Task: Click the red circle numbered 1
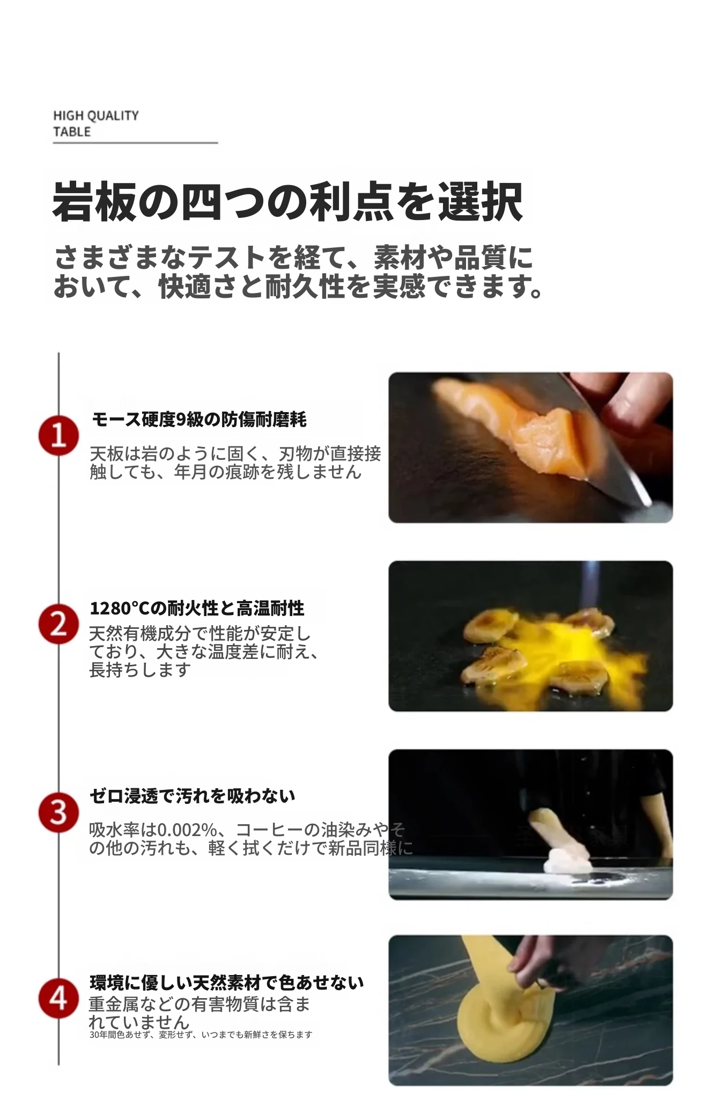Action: click(x=58, y=435)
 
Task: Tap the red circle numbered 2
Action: click(x=58, y=624)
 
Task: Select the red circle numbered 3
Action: click(x=58, y=812)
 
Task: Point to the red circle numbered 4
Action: click(x=58, y=999)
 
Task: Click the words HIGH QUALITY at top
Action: click(x=96, y=115)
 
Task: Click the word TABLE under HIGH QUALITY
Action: click(x=72, y=132)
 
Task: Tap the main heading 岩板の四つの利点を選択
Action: click(x=287, y=202)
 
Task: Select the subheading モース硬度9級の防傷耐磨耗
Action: click(x=199, y=419)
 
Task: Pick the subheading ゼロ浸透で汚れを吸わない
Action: click(x=192, y=795)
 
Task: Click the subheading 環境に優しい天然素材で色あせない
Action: click(x=227, y=983)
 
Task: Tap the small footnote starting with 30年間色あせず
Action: click(x=201, y=1035)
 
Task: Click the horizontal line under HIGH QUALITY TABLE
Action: click(x=135, y=143)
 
